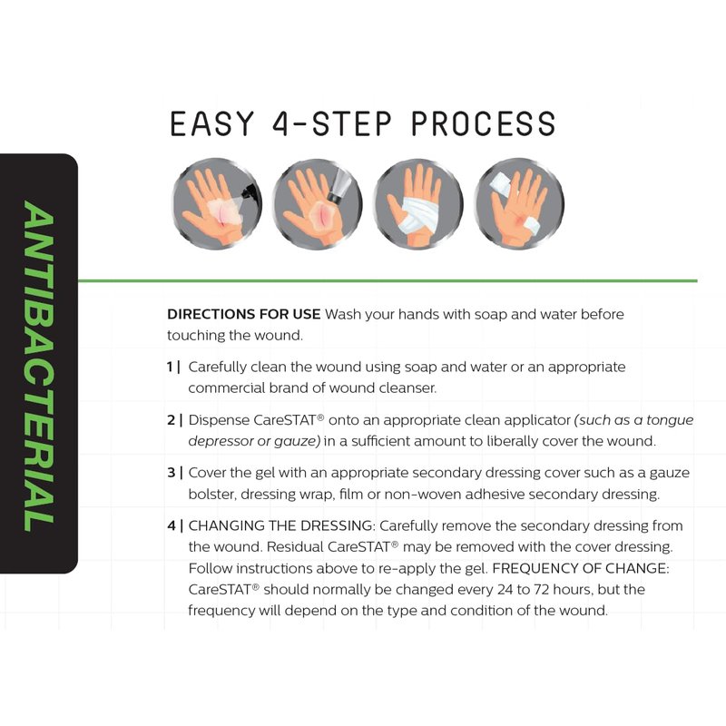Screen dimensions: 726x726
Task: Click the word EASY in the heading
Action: click(x=212, y=123)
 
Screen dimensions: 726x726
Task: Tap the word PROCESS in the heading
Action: click(x=484, y=123)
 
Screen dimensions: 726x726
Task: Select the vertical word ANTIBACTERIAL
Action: click(x=39, y=366)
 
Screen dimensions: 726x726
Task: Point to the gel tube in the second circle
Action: click(x=339, y=185)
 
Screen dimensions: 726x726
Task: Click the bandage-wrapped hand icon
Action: click(x=418, y=203)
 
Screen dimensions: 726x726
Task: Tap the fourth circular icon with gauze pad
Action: click(x=519, y=203)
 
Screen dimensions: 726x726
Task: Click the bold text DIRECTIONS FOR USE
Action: click(x=243, y=314)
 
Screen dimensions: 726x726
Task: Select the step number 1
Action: click(x=171, y=368)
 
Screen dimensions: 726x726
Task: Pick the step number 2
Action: click(x=172, y=420)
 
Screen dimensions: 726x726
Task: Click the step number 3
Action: click(x=172, y=473)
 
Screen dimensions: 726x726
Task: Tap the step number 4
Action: click(x=172, y=526)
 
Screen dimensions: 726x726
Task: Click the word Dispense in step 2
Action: click(x=219, y=421)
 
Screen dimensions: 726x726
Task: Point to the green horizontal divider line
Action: click(x=388, y=280)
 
